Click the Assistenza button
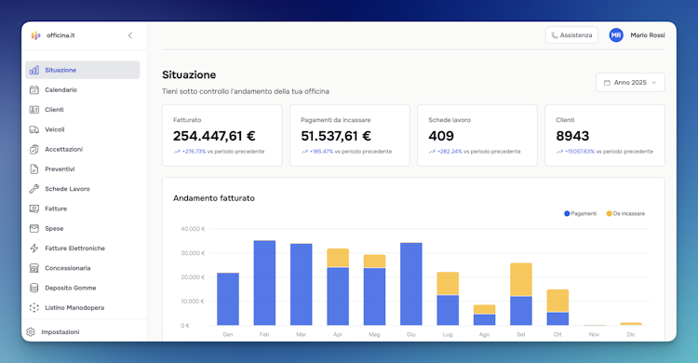point(571,35)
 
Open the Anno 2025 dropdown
point(630,83)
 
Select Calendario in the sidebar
point(60,90)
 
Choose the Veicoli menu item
point(55,129)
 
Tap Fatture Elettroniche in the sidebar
point(74,249)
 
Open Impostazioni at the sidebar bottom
point(60,332)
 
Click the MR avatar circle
point(616,35)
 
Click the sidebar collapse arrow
point(130,35)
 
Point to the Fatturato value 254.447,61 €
point(214,136)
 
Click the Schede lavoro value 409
point(441,136)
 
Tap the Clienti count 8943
point(572,136)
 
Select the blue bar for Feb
point(264,283)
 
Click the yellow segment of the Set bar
point(521,280)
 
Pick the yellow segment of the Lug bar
point(448,284)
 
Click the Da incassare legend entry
point(625,214)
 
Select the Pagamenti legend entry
point(581,214)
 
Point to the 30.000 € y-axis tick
point(193,253)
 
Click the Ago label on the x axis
point(484,334)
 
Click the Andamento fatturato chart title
point(214,198)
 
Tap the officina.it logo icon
point(35,35)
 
